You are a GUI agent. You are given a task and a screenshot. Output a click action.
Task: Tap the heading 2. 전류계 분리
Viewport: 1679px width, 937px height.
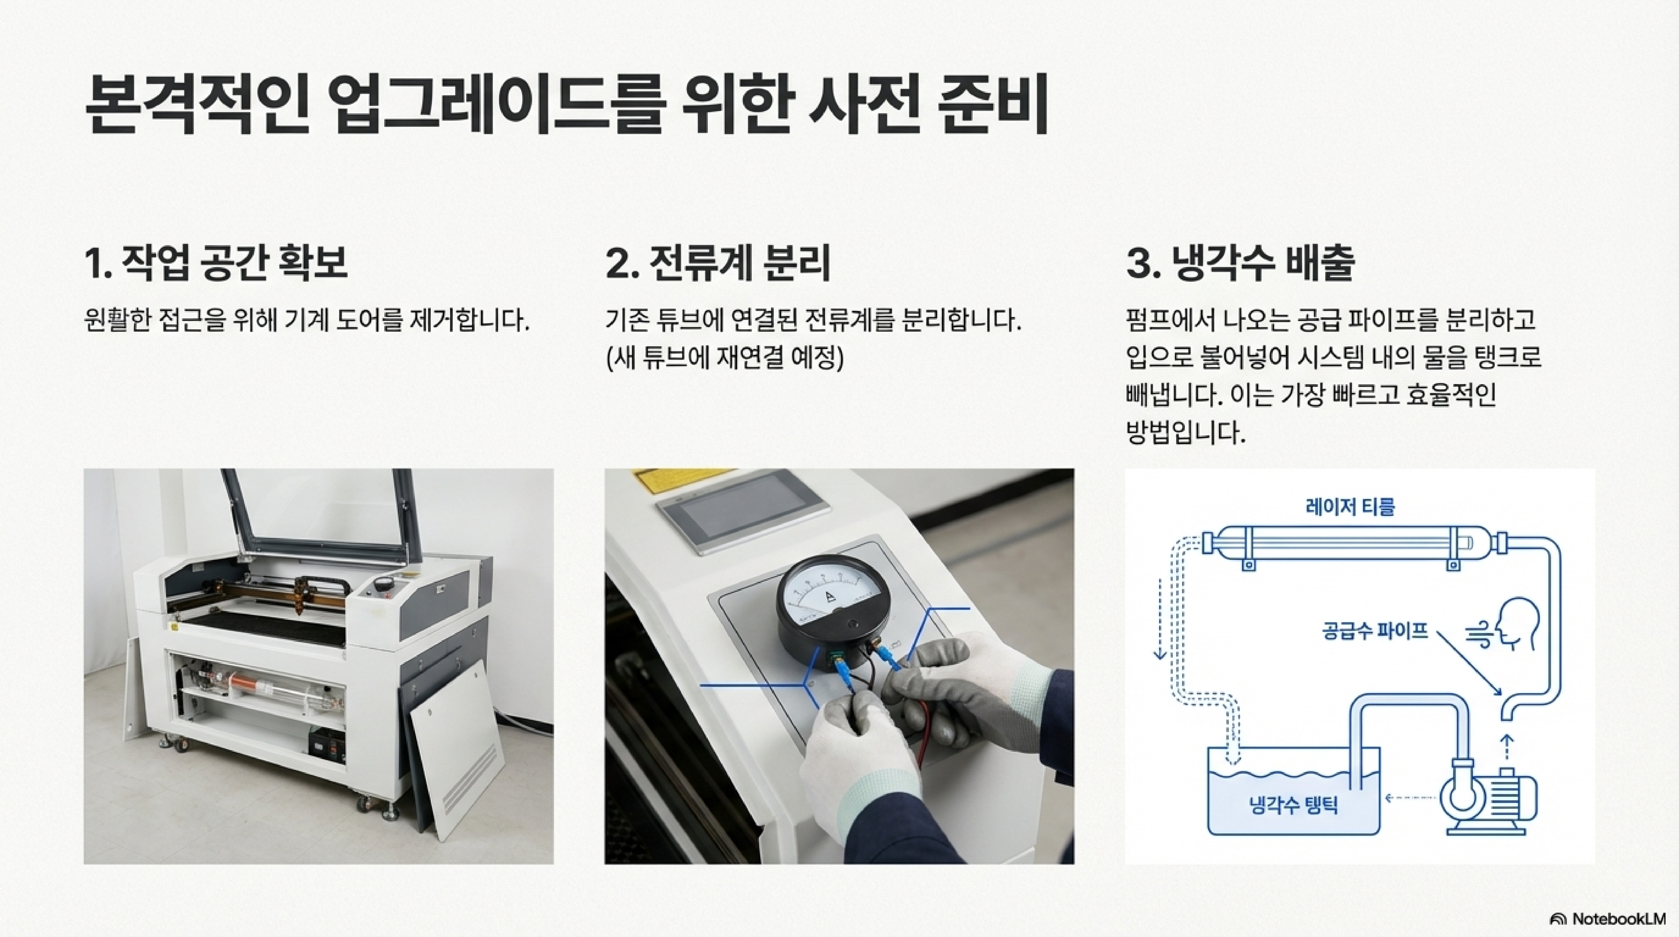tap(718, 263)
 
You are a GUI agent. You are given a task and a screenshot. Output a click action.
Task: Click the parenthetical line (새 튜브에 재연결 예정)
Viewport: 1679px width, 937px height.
tap(725, 357)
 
